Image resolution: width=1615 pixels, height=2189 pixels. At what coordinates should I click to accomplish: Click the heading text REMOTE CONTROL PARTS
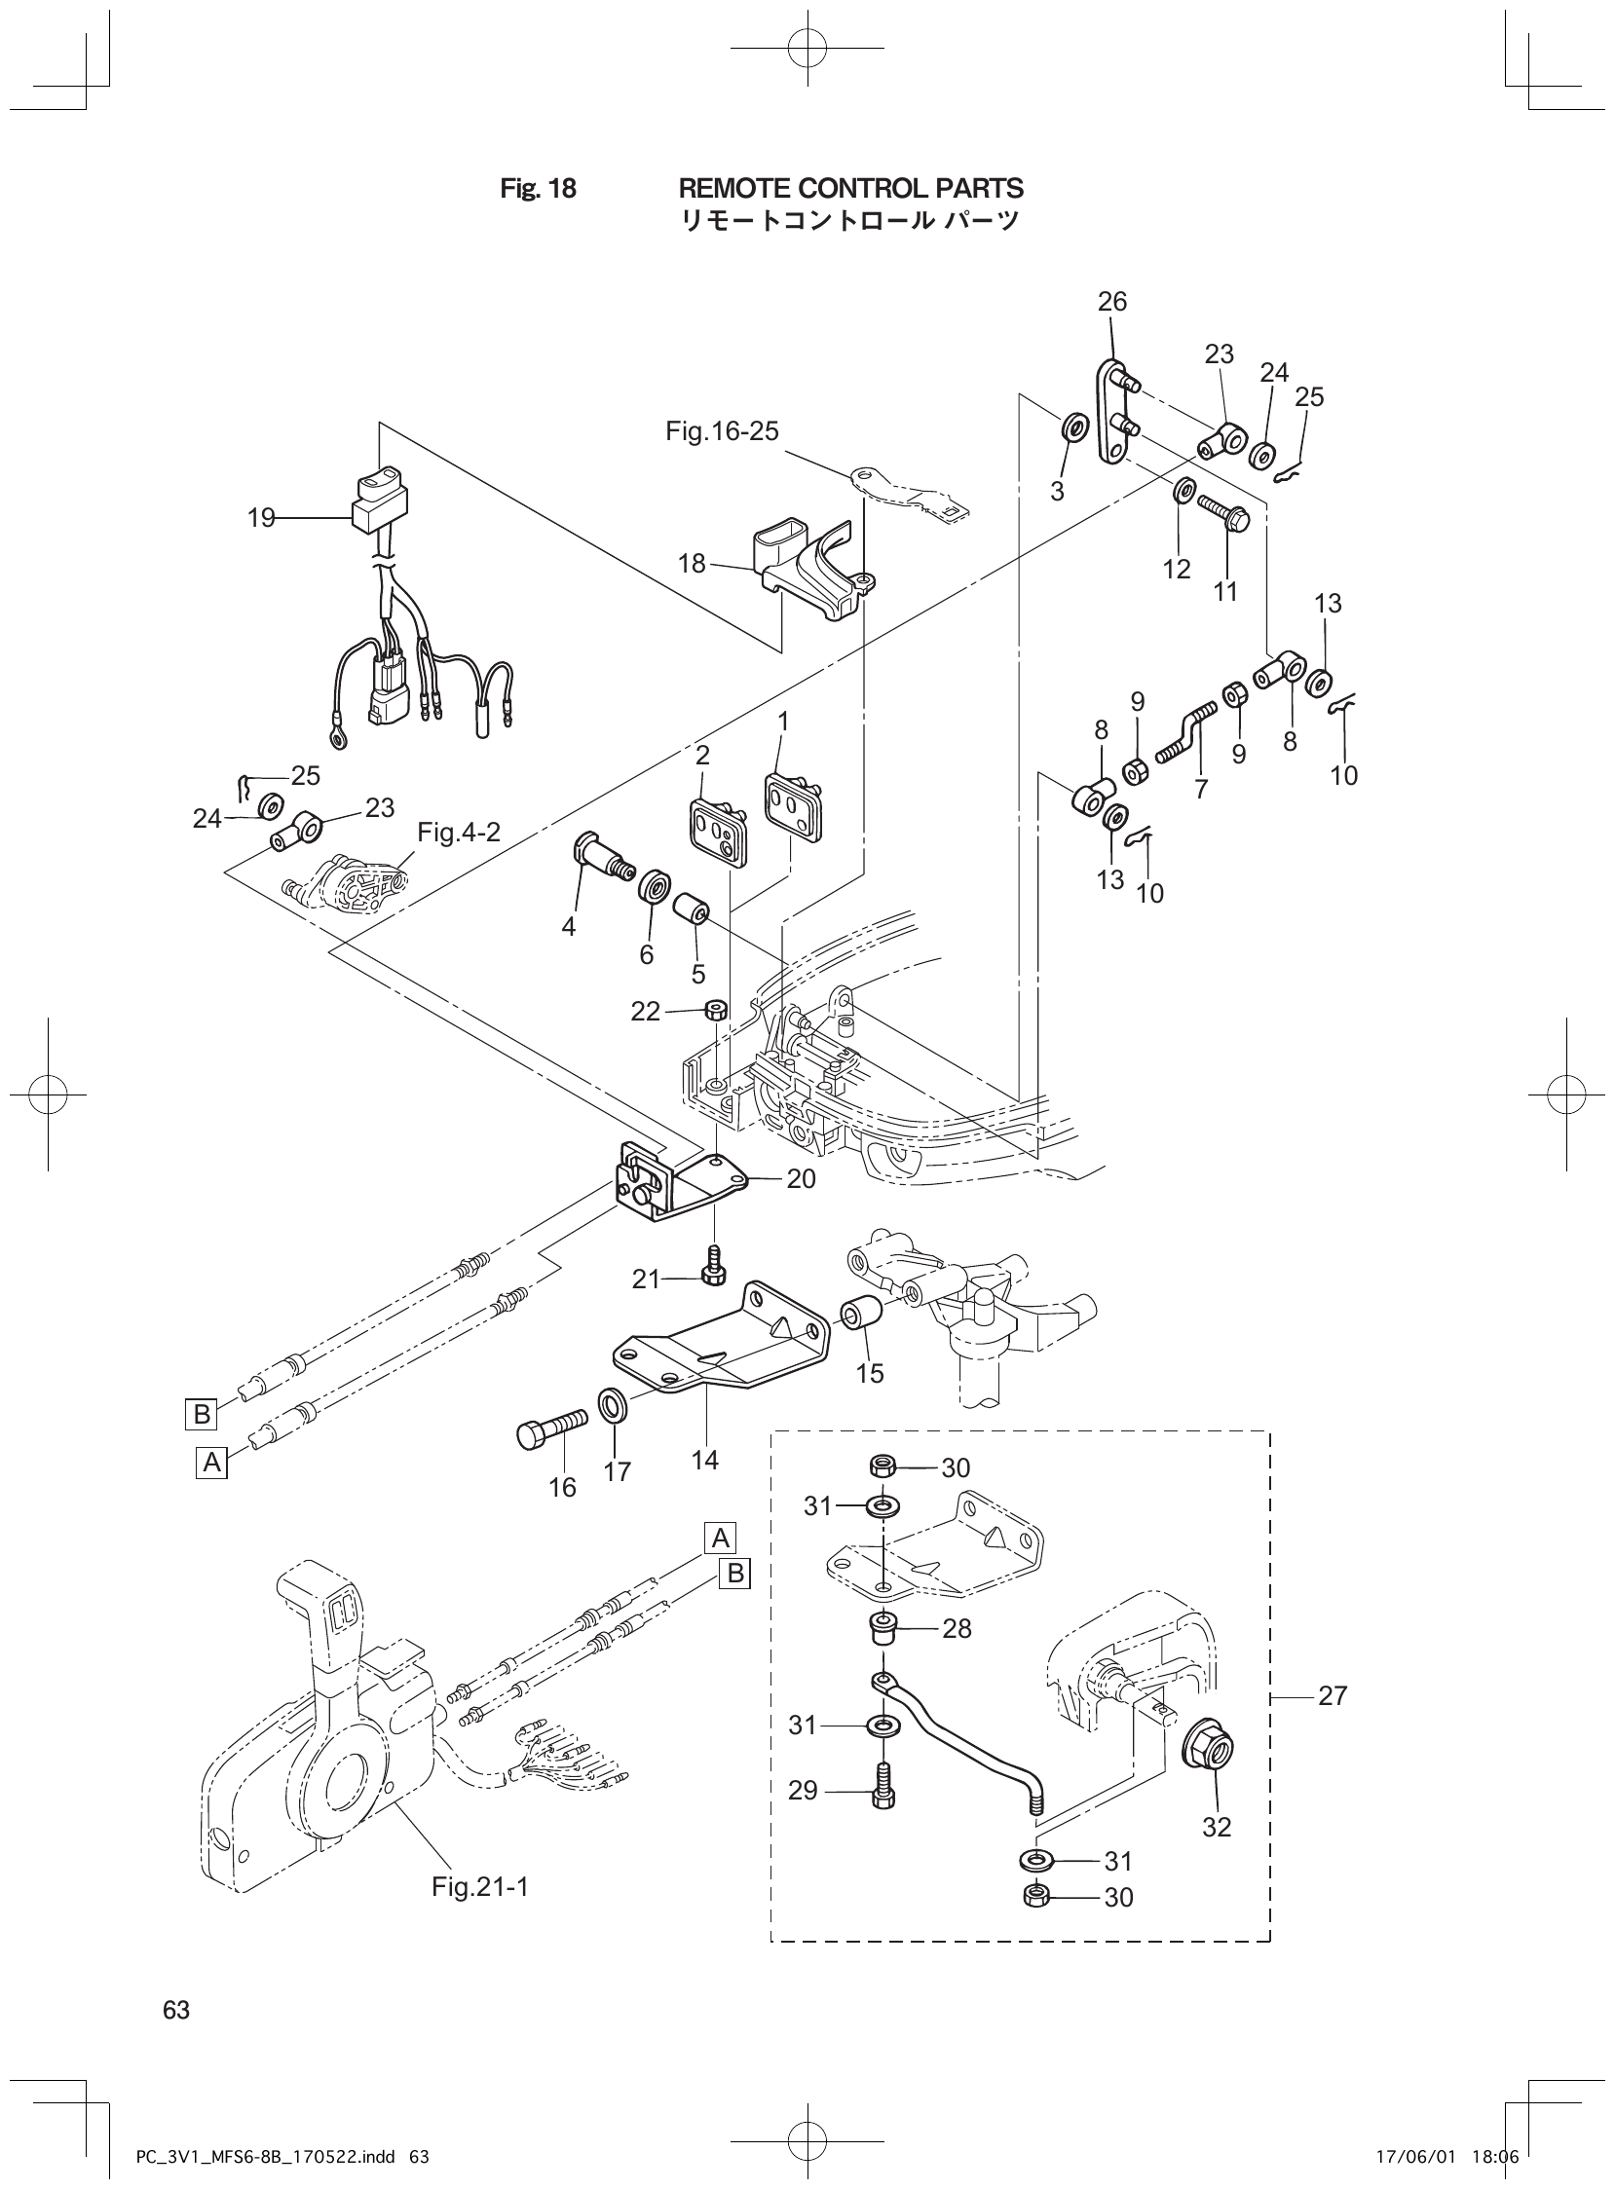850,188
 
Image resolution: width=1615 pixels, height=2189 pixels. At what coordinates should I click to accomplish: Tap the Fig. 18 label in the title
538,189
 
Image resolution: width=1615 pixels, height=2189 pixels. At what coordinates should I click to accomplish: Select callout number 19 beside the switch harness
261,518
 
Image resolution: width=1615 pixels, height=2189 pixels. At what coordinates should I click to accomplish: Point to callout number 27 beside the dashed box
1333,1695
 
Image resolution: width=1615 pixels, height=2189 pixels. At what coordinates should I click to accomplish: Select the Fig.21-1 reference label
480,1913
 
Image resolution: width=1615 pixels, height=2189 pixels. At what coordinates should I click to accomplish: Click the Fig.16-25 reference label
722,431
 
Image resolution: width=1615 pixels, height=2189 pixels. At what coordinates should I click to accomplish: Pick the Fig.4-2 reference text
459,833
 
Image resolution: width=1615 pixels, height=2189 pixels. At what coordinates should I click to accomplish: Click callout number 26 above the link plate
1112,301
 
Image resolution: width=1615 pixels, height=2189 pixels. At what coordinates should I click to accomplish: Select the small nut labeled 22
715,1010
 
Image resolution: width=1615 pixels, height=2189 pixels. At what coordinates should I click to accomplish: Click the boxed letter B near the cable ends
202,1413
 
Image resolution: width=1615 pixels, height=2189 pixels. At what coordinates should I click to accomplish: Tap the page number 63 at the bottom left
176,2009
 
